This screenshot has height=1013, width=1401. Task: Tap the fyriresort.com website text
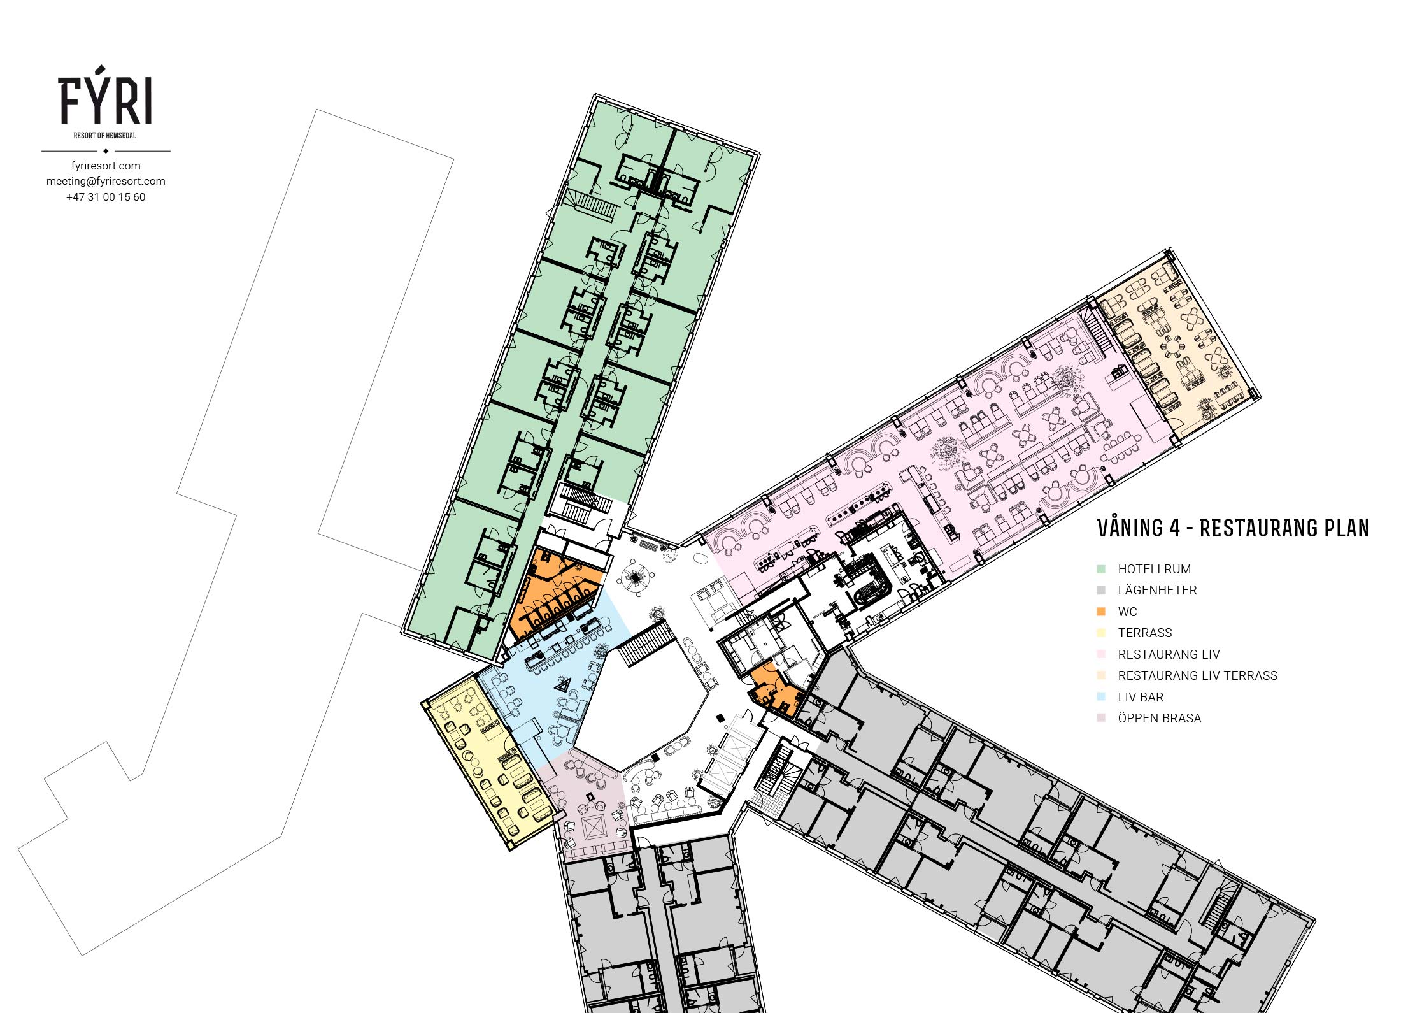tap(106, 166)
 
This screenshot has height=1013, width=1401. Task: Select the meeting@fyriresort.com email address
tap(106, 181)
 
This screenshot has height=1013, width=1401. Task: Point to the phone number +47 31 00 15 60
tap(106, 197)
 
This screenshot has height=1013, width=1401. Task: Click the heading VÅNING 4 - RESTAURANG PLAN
tap(1233, 528)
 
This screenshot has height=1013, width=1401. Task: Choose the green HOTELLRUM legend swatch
tap(1101, 569)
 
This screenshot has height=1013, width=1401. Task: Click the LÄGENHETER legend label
tap(1157, 590)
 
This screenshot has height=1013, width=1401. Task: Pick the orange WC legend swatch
tap(1101, 612)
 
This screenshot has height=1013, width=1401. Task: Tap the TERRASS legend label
tap(1145, 633)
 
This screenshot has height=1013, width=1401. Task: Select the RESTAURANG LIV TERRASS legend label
tap(1198, 675)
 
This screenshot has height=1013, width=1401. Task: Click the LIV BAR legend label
tap(1141, 697)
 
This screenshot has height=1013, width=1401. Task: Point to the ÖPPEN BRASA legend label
tap(1160, 718)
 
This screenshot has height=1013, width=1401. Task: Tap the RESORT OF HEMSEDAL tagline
tap(105, 136)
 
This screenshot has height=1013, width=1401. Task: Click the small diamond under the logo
tap(106, 151)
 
